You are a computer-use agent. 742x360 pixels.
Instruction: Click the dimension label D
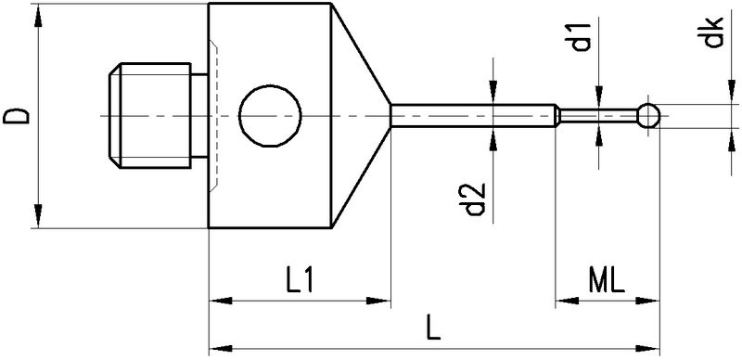point(17,116)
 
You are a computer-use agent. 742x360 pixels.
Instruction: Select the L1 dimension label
point(300,281)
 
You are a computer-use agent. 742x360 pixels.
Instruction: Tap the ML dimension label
point(607,281)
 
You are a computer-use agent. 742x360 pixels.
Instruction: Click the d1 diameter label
point(582,36)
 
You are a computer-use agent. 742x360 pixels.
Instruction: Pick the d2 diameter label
point(474,199)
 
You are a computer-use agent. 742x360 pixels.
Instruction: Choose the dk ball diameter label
point(712,32)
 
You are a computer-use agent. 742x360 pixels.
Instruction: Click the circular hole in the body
point(270,116)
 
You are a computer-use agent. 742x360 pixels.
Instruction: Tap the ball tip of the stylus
point(648,116)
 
